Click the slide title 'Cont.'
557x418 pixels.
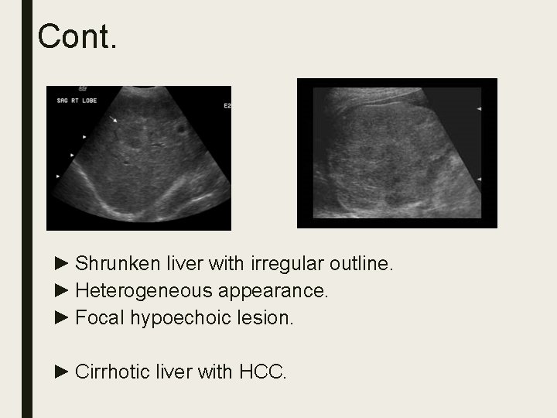[77, 36]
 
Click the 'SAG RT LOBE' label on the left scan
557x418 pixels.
[74, 100]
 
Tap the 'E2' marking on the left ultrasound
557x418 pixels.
[226, 105]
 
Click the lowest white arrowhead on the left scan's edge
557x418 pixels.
[57, 176]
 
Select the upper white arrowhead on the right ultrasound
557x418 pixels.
[480, 109]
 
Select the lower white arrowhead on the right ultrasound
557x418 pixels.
[480, 179]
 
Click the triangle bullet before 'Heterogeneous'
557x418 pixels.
[63, 291]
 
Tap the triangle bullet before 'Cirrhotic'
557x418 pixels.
[63, 372]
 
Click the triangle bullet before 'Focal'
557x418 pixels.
[63, 317]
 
